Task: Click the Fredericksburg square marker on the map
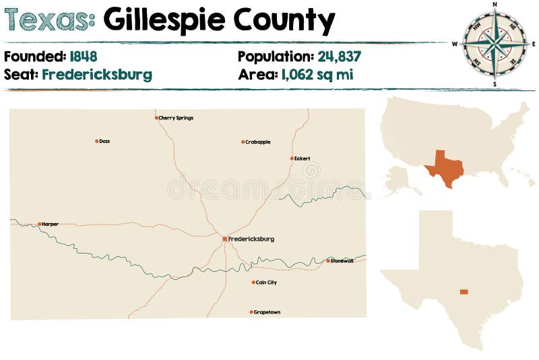pos(225,239)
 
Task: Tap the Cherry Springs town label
pos(176,118)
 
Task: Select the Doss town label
pos(104,142)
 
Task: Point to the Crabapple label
pos(258,142)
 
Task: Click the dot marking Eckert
pos(292,158)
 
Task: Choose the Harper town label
pos(50,224)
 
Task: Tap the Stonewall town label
pos(342,261)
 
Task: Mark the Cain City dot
pos(253,282)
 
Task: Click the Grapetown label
pos(267,312)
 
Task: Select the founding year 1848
pos(83,57)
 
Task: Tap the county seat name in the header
pos(97,74)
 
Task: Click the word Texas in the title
pos(49,21)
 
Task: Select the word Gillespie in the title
pos(158,21)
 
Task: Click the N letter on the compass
pos(495,4)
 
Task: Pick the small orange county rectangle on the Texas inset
pos(464,292)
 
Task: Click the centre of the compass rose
pos(495,44)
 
